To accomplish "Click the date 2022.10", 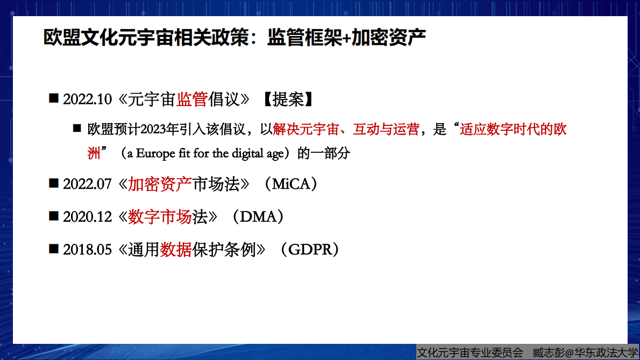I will pyautogui.click(x=87, y=100).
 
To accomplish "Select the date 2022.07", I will pyautogui.click(x=87, y=185).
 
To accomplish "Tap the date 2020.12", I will pyautogui.click(x=87, y=217).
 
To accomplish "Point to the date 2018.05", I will pyautogui.click(x=87, y=250).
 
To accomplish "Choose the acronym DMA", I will pyautogui.click(x=261, y=217).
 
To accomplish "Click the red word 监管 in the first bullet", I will pyautogui.click(x=192, y=100).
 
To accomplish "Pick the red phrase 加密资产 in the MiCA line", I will pyautogui.click(x=160, y=185).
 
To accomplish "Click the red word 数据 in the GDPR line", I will pyautogui.click(x=176, y=250).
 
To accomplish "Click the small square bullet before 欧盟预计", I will pyautogui.click(x=77, y=129).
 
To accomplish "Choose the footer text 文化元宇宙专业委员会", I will pyautogui.click(x=470, y=353).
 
